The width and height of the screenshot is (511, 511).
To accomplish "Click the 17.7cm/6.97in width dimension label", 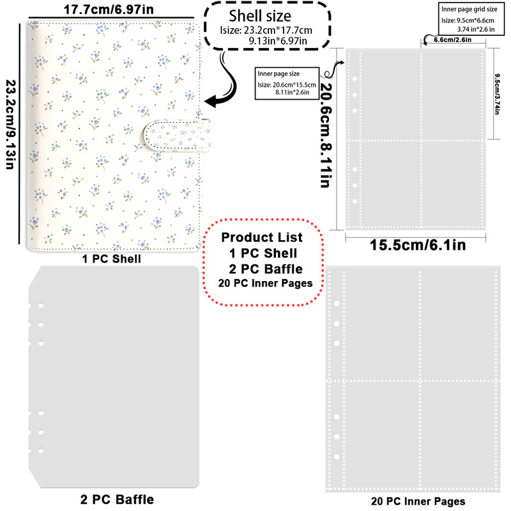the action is [109, 9].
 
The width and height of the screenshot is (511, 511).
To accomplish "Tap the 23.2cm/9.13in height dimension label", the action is [11, 125].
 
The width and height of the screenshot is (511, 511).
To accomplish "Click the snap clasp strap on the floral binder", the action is [177, 135].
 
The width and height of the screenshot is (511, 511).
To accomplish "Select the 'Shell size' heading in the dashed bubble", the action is [260, 15].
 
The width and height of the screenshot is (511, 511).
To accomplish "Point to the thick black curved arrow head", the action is [213, 101].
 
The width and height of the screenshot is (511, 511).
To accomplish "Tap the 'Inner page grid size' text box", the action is [471, 19].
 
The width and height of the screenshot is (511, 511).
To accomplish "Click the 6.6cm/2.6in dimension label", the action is [452, 40].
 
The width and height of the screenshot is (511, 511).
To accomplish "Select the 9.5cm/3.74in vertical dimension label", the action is [497, 94].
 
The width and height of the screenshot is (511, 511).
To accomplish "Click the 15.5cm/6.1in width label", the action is [418, 245].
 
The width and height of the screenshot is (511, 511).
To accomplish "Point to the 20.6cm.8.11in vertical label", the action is [326, 135].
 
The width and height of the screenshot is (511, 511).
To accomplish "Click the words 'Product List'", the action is [262, 237].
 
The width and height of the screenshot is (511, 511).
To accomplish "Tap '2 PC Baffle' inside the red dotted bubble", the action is [266, 269].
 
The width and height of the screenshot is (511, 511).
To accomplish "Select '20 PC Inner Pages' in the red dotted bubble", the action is [265, 283].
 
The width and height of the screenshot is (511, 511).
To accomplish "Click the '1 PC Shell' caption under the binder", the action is [111, 259].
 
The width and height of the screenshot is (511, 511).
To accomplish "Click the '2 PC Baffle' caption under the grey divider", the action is [117, 500].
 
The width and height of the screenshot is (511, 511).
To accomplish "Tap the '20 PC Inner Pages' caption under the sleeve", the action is [418, 501].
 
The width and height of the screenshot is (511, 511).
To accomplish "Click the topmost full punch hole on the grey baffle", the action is [41, 306].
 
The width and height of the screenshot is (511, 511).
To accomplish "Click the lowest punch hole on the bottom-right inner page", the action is [337, 457].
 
